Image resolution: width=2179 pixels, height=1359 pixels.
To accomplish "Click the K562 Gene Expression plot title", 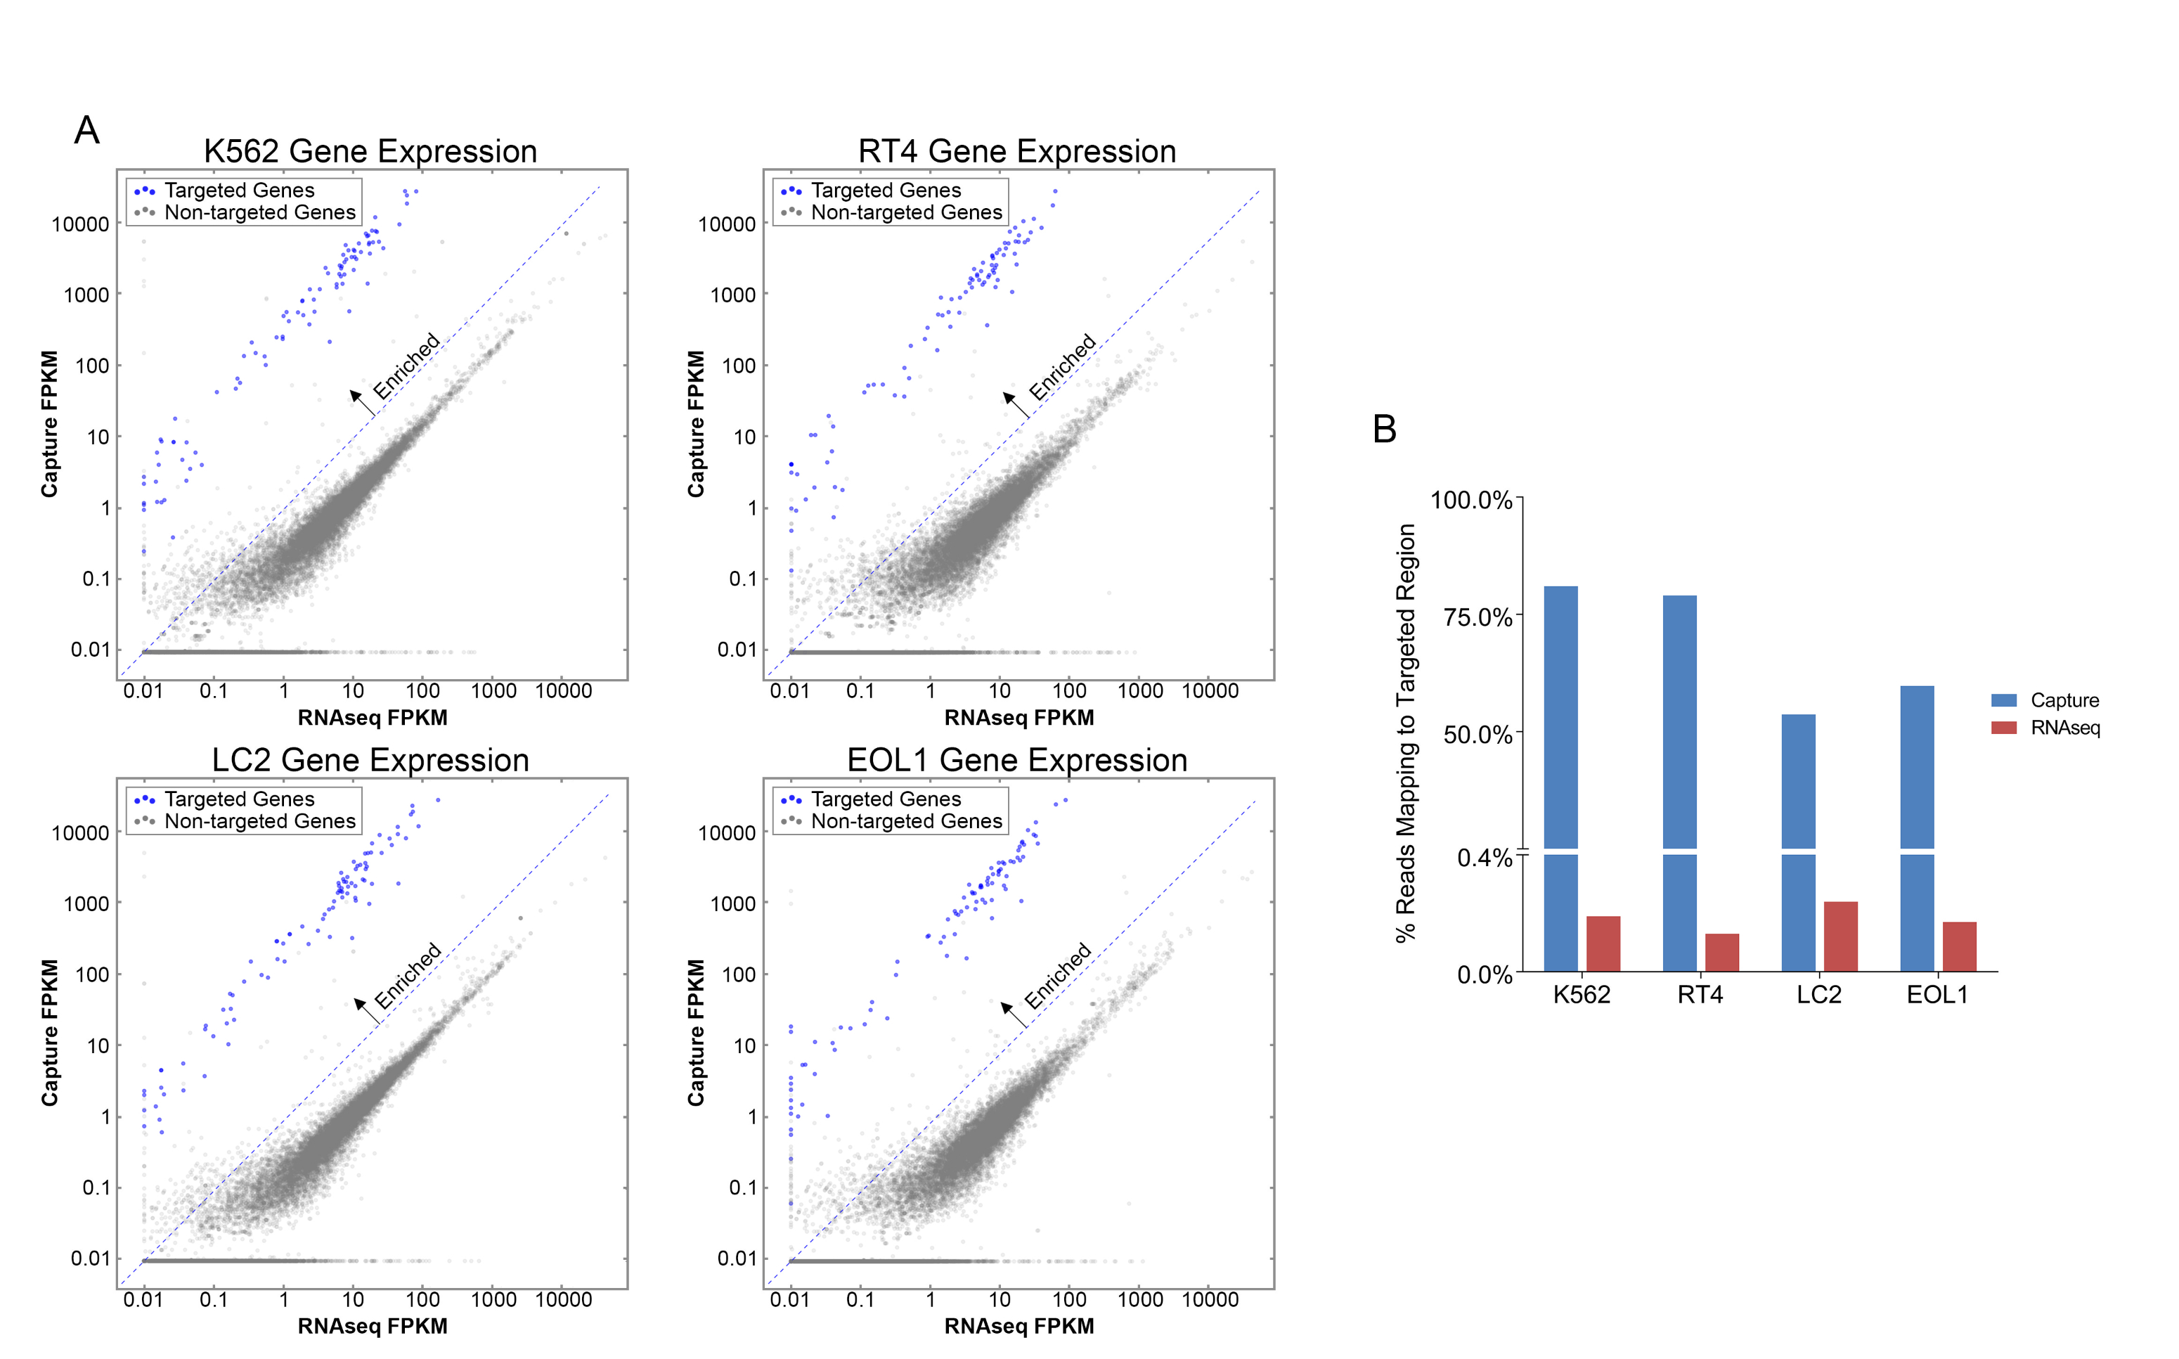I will click(370, 151).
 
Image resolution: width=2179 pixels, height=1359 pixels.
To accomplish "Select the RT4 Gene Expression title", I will click(1016, 151).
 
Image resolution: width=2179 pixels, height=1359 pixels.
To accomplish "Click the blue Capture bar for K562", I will click(1560, 719).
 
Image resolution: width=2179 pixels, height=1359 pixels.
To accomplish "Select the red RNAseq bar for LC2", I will click(1840, 936).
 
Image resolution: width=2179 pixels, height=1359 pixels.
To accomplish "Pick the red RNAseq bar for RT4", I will click(1721, 952).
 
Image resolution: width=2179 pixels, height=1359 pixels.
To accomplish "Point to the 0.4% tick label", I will click(1485, 858).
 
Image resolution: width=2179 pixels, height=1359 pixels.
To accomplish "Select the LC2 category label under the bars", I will click(1818, 994).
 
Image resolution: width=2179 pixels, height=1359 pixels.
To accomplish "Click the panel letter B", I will click(1384, 429).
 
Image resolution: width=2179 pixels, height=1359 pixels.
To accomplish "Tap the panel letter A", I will click(86, 130).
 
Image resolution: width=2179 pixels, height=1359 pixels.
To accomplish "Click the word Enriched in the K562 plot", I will click(406, 365).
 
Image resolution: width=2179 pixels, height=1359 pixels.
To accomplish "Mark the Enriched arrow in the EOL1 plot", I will click(1014, 1014).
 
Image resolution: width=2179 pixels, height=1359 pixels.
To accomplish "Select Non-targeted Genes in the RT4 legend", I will click(906, 212).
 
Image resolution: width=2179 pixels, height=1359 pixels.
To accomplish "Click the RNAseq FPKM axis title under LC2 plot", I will click(372, 1326).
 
